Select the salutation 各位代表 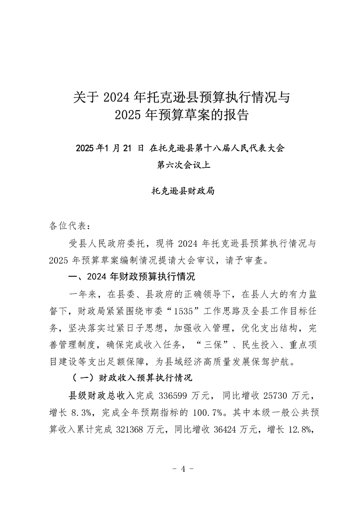point(66,226)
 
